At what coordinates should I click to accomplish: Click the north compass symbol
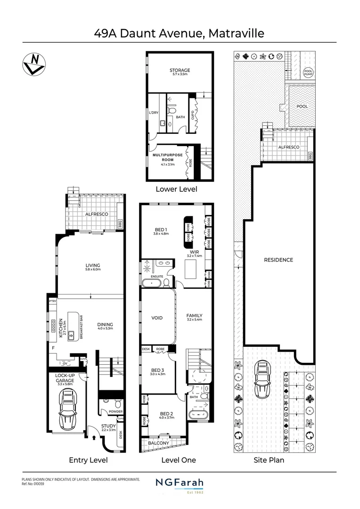33,63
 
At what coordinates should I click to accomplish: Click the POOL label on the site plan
302,107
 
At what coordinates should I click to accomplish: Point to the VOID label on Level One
157,318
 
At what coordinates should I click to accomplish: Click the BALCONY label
159,443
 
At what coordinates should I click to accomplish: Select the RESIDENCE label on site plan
278,260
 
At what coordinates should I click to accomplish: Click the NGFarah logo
180,484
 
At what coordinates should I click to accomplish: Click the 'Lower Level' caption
176,189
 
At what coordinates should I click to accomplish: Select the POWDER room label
115,411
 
